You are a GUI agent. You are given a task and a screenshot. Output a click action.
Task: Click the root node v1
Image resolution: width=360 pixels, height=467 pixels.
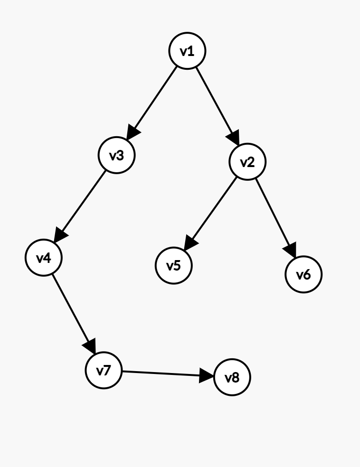188,51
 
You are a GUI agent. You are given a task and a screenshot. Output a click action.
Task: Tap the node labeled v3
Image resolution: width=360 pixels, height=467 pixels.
117,155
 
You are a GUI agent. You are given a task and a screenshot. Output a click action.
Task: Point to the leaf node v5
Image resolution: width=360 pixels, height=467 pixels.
174,265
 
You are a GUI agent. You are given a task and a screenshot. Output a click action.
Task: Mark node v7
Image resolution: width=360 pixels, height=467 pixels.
104,370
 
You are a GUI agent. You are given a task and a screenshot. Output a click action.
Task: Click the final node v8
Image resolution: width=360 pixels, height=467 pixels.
232,378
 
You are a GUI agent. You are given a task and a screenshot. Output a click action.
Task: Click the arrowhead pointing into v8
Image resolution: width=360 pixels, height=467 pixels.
207,376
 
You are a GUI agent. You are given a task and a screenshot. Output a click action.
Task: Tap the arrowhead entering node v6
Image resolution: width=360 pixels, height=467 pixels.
291,250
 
